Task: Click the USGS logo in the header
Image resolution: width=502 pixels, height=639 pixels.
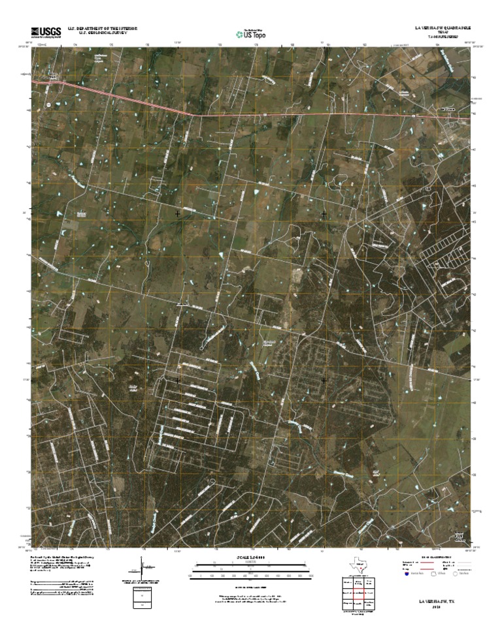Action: click(44, 31)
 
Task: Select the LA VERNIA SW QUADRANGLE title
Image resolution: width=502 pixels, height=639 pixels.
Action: click(443, 29)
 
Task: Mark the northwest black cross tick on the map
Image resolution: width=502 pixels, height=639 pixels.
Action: click(177, 213)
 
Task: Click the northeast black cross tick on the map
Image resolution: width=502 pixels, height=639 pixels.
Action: click(324, 213)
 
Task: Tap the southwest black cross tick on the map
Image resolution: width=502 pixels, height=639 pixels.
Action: click(177, 379)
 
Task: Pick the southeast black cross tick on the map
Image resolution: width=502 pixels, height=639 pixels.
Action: click(324, 379)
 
